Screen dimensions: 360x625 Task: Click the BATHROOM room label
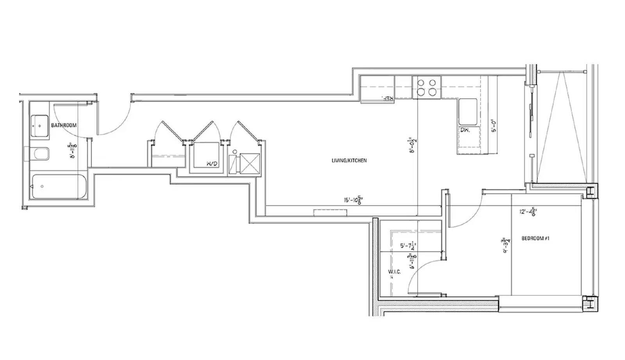tap(64, 125)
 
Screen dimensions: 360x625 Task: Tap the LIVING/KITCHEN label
tap(349, 160)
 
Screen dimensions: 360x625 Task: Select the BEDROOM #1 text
tap(535, 238)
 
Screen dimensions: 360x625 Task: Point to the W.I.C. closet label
tap(394, 272)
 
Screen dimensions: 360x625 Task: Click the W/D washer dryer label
tap(211, 164)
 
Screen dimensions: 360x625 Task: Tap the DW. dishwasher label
tap(465, 130)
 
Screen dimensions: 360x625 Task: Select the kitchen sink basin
tap(468, 111)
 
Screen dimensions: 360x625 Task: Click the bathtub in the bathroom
tap(59, 186)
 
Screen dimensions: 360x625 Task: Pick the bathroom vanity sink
tap(39, 125)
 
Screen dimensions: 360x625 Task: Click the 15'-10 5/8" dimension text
tap(352, 201)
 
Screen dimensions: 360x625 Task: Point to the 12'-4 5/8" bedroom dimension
tap(527, 212)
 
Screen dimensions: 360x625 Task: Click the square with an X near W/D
tap(250, 163)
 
